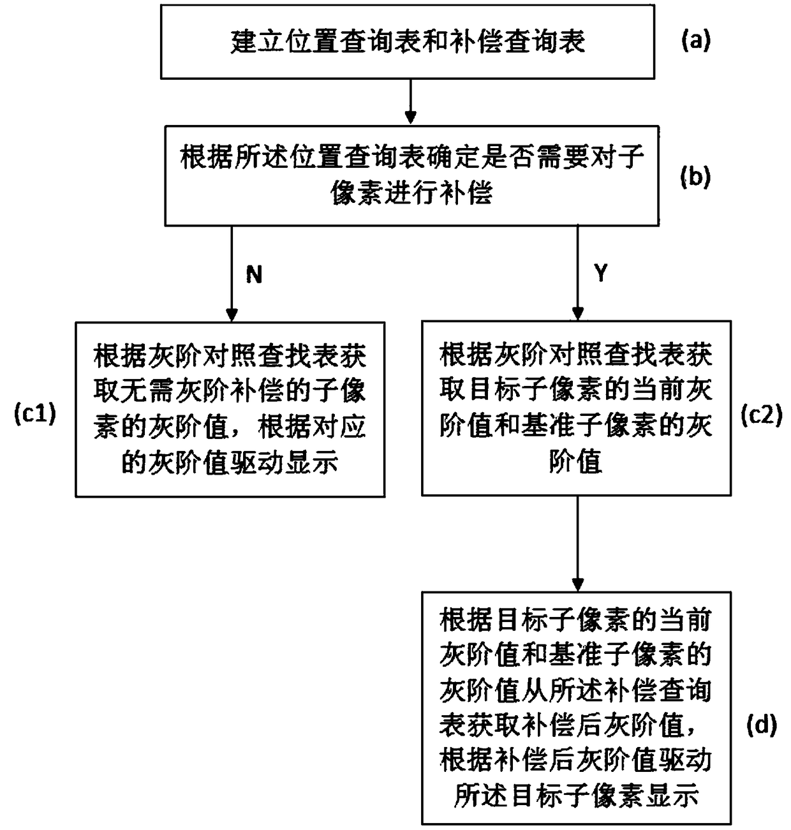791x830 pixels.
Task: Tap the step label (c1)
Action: (x=35, y=413)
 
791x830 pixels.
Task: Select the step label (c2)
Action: (x=762, y=415)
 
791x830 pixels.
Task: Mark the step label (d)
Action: (x=762, y=725)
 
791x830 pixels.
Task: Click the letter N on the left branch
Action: (x=254, y=274)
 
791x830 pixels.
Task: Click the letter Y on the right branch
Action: (x=601, y=273)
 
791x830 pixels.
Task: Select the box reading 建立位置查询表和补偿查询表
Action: (x=408, y=42)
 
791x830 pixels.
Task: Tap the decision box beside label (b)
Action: (x=411, y=175)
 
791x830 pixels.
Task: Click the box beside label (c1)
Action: (x=230, y=409)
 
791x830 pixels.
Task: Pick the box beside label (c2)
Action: (x=577, y=408)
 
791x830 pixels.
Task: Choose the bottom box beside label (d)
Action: (x=577, y=712)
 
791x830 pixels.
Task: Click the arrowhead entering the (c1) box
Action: (x=232, y=315)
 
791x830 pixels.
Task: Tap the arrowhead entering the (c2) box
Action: (x=578, y=314)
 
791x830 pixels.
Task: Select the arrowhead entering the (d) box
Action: (x=577, y=585)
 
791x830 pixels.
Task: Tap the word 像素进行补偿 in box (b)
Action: (x=411, y=193)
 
